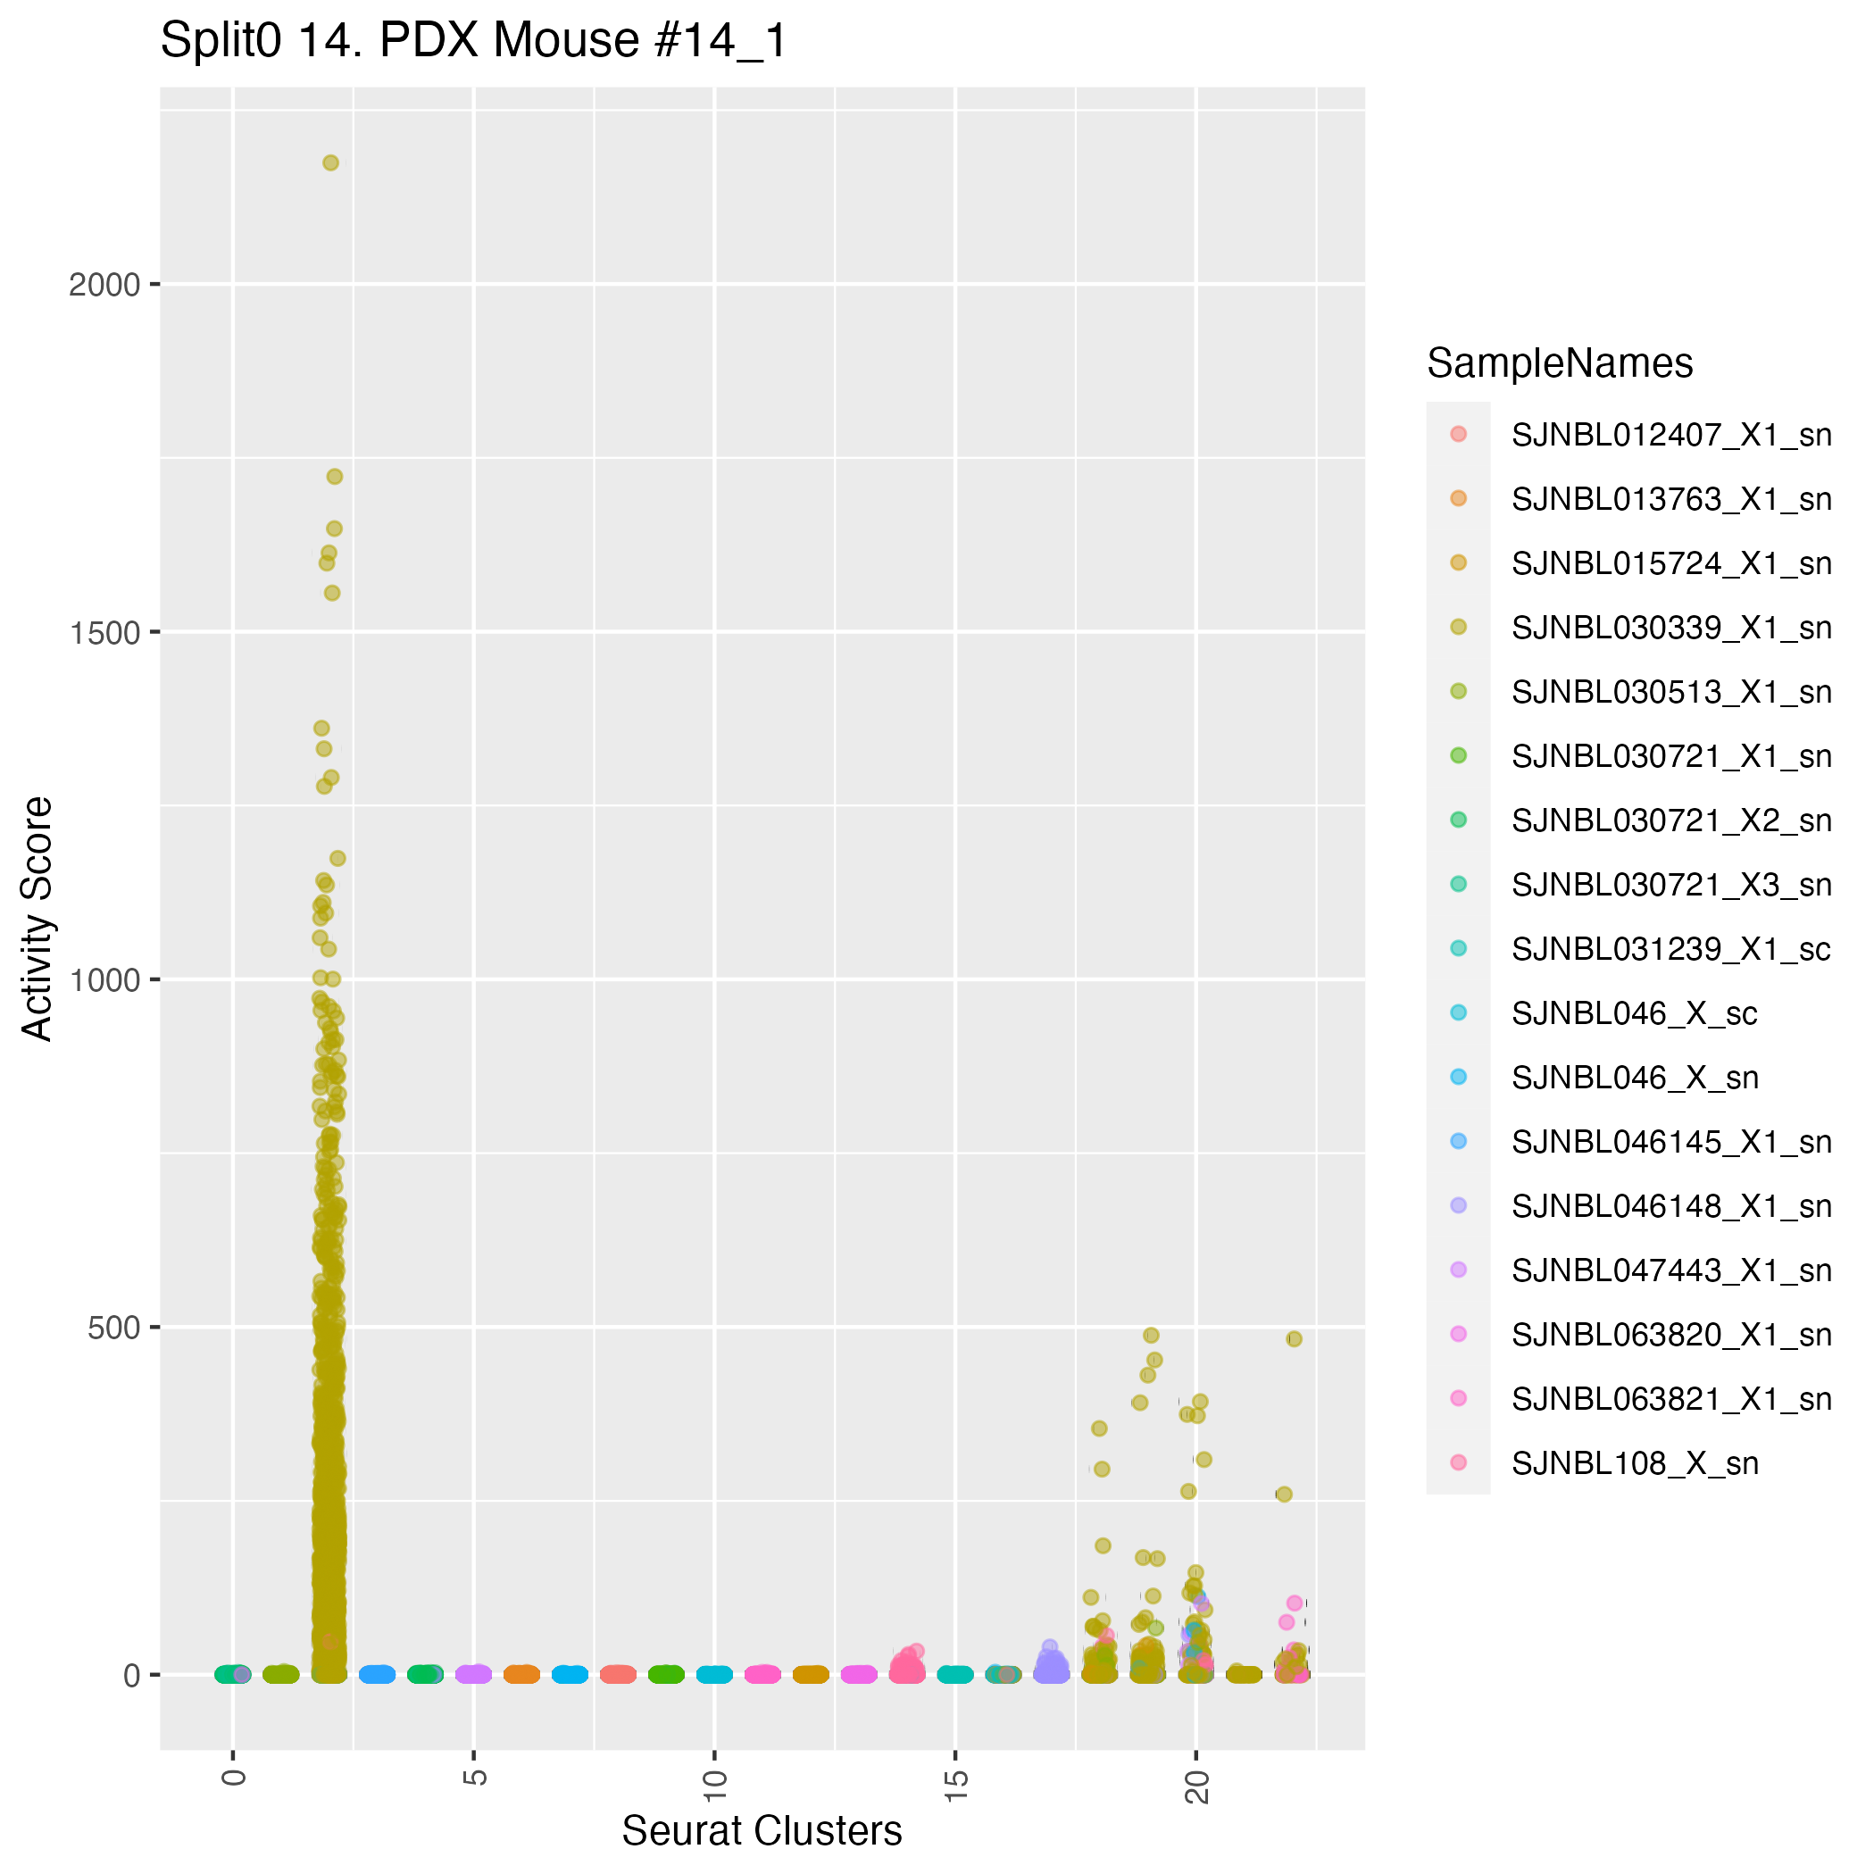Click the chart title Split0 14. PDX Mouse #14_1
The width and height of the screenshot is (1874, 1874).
[x=473, y=42]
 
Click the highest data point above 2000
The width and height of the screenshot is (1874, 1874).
[x=330, y=163]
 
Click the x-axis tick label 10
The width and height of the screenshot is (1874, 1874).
[x=715, y=1785]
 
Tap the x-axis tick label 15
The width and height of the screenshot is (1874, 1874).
[x=955, y=1785]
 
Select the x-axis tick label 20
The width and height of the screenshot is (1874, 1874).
[x=1197, y=1785]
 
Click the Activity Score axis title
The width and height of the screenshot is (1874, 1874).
[x=37, y=918]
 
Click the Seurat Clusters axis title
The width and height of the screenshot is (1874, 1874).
[x=762, y=1831]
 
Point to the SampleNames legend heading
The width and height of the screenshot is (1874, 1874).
[x=1559, y=363]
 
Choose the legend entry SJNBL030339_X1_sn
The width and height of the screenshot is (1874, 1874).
[x=1670, y=628]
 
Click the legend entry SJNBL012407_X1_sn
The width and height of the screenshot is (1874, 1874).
[x=1670, y=435]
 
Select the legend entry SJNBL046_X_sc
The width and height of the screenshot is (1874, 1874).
[x=1634, y=1013]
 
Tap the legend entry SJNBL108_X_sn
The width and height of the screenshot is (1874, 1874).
[x=1635, y=1463]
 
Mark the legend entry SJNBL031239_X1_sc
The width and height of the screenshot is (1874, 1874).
[x=1670, y=949]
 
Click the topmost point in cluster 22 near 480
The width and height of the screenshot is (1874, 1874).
[x=1294, y=1339]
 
